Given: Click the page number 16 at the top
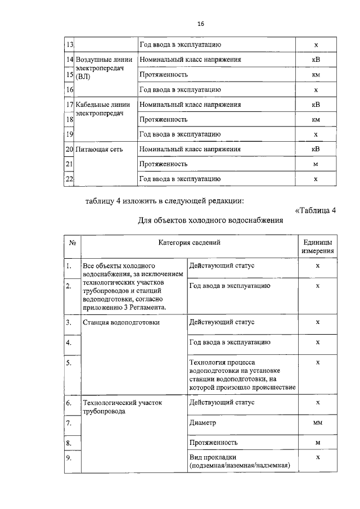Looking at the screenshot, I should tap(200, 24).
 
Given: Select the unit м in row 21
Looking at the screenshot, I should tap(316, 164).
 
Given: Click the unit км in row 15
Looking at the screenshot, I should tap(316, 74).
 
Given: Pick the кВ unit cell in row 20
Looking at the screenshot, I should tap(316, 149).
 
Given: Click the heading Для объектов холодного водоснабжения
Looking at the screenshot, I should tap(210, 220).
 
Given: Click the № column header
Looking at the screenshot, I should tap(73, 243).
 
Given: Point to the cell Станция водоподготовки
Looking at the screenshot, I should tap(121, 323).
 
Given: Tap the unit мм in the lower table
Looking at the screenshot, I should tap(317, 422).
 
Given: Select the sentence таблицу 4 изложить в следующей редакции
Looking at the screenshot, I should tap(165, 201).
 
